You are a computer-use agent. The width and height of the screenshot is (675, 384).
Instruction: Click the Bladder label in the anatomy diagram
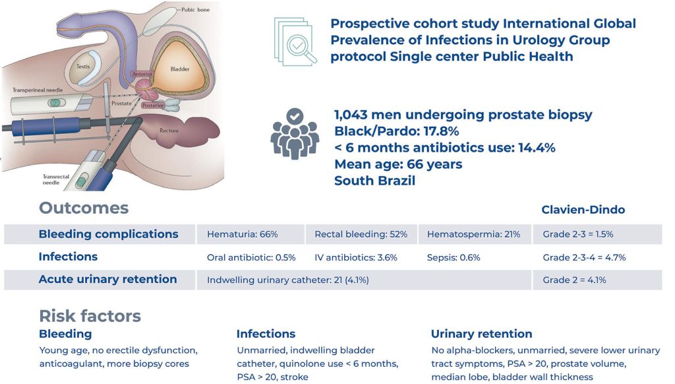point(179,69)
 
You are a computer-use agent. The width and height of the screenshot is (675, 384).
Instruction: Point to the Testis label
point(83,67)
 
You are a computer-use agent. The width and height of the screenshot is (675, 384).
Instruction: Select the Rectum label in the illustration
point(169,131)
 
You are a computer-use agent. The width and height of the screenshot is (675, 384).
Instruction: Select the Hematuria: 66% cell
point(242,234)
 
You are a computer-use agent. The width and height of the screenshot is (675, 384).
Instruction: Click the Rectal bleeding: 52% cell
point(361,234)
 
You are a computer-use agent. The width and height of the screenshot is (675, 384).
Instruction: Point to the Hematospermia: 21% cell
point(473,234)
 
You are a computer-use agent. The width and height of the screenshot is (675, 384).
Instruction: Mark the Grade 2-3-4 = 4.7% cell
point(584,257)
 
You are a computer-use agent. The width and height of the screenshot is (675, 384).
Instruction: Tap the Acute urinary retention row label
point(107,279)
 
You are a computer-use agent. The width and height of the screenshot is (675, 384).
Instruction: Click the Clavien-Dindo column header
point(583,210)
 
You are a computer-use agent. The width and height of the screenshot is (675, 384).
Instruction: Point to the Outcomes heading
point(84,208)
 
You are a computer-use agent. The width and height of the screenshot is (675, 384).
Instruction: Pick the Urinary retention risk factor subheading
point(481,334)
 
